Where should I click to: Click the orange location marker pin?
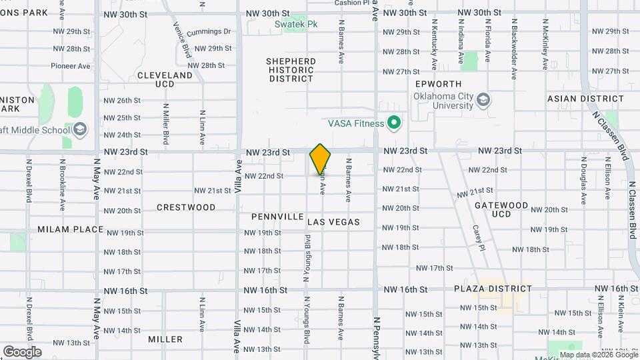(320, 159)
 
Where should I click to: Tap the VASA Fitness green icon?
(394, 123)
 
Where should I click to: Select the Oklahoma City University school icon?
(483, 100)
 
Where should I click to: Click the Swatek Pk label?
(296, 24)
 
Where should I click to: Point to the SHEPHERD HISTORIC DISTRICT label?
(291, 70)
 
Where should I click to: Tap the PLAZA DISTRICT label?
(493, 289)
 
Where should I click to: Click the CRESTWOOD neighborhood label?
(186, 207)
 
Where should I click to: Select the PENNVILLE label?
(277, 217)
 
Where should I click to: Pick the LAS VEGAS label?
(333, 222)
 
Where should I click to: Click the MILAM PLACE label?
(71, 229)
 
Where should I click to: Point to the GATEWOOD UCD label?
(501, 209)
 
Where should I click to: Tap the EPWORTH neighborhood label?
(438, 84)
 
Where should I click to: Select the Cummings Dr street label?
(209, 31)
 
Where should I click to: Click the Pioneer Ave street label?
(70, 66)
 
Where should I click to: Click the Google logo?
(22, 351)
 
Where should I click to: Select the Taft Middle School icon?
(80, 129)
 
